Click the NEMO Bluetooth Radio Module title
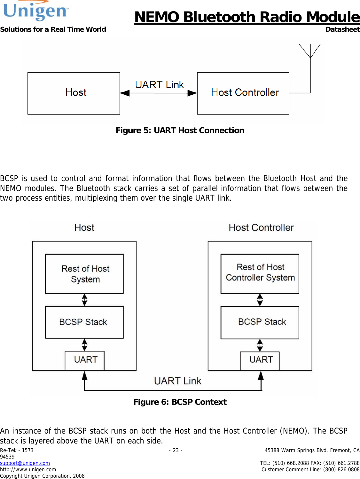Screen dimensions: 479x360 [247, 17]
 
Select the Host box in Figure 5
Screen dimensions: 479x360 [74, 93]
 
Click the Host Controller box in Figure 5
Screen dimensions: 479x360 [243, 93]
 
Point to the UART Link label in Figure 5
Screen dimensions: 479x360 [159, 85]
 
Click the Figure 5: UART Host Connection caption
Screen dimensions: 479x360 [180, 131]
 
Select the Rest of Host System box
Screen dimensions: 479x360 [84, 274]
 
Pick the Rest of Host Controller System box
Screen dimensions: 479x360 [260, 274]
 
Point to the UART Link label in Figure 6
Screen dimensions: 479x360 [177, 381]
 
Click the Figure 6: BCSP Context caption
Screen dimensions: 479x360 [180, 402]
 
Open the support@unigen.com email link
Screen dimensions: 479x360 [25, 463]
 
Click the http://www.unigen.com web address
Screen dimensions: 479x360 [28, 469]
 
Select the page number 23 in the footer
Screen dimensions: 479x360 [176, 450]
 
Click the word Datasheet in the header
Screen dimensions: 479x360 [342, 29]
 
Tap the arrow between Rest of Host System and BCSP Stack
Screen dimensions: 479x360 [84, 300]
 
